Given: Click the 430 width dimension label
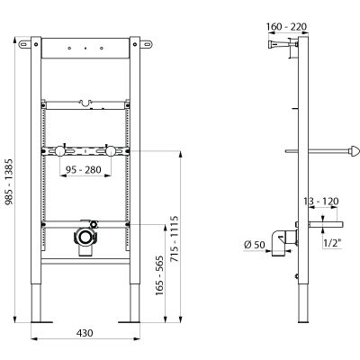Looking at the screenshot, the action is pyautogui.click(x=85, y=333).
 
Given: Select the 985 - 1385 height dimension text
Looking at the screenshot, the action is pyautogui.click(x=9, y=182).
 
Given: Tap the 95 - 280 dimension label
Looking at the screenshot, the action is pyautogui.click(x=84, y=170).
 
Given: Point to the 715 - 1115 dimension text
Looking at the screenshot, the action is pyautogui.click(x=174, y=238).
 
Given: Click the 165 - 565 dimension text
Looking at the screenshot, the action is pyautogui.click(x=159, y=275).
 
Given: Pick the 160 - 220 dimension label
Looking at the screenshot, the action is pyautogui.click(x=286, y=27).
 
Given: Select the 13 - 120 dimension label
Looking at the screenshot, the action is pyautogui.click(x=320, y=201).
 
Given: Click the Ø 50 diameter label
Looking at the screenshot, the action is pyautogui.click(x=255, y=245).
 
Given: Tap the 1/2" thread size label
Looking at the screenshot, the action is pyautogui.click(x=333, y=243).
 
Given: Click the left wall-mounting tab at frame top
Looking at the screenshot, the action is pyautogui.click(x=24, y=44).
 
